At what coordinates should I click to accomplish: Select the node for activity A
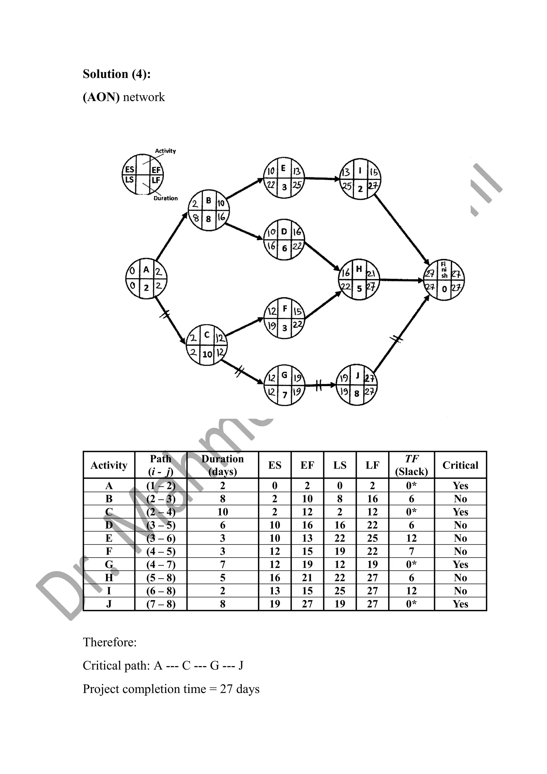point(146,279)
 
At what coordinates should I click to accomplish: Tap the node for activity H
point(359,280)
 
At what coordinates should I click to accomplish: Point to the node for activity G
point(284,385)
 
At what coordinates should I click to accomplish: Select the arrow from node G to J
point(320,385)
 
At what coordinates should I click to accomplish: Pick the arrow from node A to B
point(171,236)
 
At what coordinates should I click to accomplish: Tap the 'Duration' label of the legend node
point(166,198)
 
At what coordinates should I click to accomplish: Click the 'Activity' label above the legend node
point(165,151)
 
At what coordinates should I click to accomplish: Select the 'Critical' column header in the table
point(460,465)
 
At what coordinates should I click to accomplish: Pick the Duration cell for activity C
point(223,512)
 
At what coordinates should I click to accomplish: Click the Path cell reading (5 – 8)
point(161,578)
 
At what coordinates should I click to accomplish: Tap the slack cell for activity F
point(411,551)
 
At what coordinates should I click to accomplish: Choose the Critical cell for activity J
point(460,604)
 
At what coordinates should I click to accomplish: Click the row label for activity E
point(109,538)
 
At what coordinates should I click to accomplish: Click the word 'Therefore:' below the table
point(110,642)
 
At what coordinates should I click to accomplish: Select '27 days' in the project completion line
point(240,689)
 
